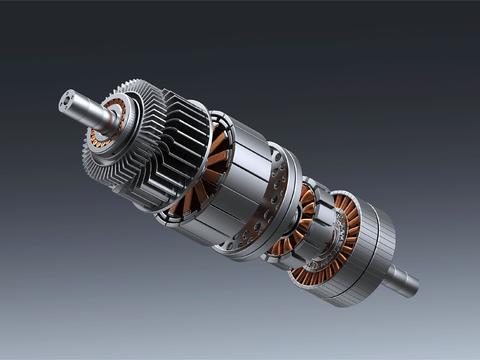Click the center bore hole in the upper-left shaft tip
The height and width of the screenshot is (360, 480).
pos(66,98)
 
